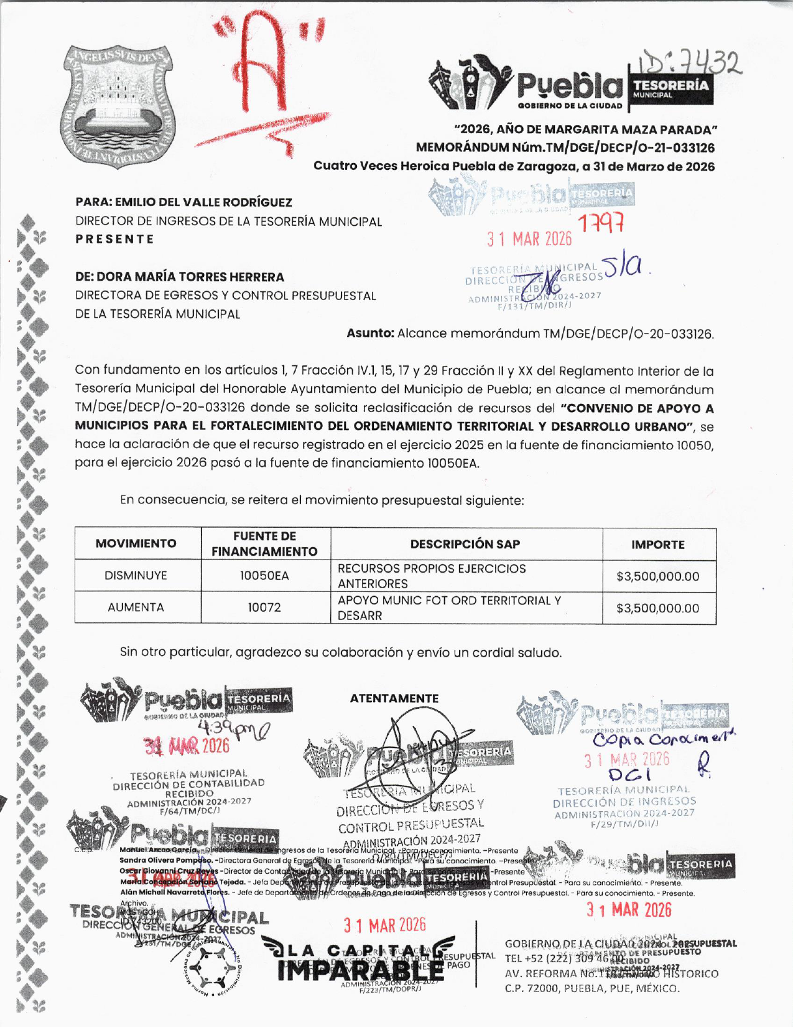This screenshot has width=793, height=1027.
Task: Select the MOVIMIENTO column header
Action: point(136,543)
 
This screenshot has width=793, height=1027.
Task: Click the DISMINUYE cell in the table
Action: point(136,576)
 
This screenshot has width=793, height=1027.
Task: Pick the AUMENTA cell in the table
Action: point(136,607)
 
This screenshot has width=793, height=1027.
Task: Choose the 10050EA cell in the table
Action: point(265,576)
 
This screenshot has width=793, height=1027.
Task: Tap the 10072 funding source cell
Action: point(265,607)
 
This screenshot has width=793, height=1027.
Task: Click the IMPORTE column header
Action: point(658,545)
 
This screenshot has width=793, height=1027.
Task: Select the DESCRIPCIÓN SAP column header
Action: point(465,544)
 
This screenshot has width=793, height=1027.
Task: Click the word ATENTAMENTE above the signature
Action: point(394,698)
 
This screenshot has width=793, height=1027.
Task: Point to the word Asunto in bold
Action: point(370,333)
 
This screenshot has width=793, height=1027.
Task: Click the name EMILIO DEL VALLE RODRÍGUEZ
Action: point(203,202)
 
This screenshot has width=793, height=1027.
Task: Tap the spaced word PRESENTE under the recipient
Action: point(115,239)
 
